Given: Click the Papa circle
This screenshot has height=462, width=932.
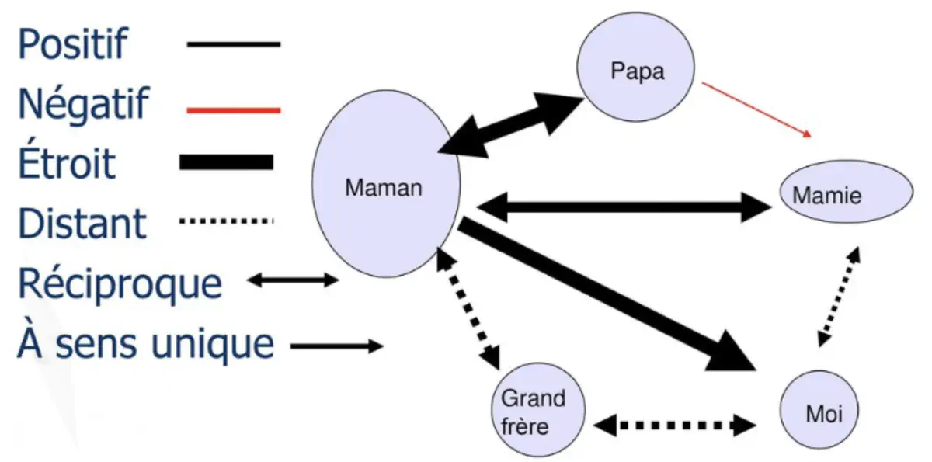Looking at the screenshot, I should [637, 72].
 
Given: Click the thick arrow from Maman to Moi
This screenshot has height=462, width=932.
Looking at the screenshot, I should [606, 295].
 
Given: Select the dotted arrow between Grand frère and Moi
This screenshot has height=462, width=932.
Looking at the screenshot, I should [675, 425].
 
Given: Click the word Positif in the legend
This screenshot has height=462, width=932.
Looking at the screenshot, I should [71, 44].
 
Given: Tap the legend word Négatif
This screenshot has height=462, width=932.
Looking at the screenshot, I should [82, 104].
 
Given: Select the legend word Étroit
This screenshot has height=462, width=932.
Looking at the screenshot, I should [67, 164].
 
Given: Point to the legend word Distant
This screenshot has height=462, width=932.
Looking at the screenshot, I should [82, 224].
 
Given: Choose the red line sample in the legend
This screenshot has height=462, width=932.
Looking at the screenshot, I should [233, 111].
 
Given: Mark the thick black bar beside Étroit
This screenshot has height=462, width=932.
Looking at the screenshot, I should [226, 162].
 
